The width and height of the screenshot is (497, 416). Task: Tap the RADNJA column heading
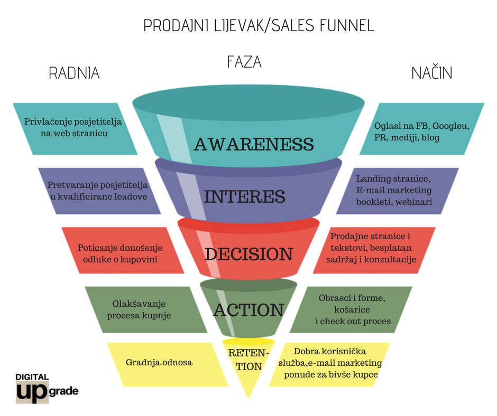74,73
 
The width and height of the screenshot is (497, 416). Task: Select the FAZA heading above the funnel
244,62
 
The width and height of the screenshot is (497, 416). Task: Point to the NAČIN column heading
432,73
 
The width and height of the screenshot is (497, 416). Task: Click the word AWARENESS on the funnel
254,144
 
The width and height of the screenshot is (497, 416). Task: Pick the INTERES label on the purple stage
245,196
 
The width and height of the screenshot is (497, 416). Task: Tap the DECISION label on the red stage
248,254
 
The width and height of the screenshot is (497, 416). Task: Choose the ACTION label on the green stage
248,310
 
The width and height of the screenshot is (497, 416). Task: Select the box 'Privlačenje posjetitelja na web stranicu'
73,128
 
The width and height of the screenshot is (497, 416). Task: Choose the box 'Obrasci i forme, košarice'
352,309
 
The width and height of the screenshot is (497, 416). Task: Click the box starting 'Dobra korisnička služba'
330,363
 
